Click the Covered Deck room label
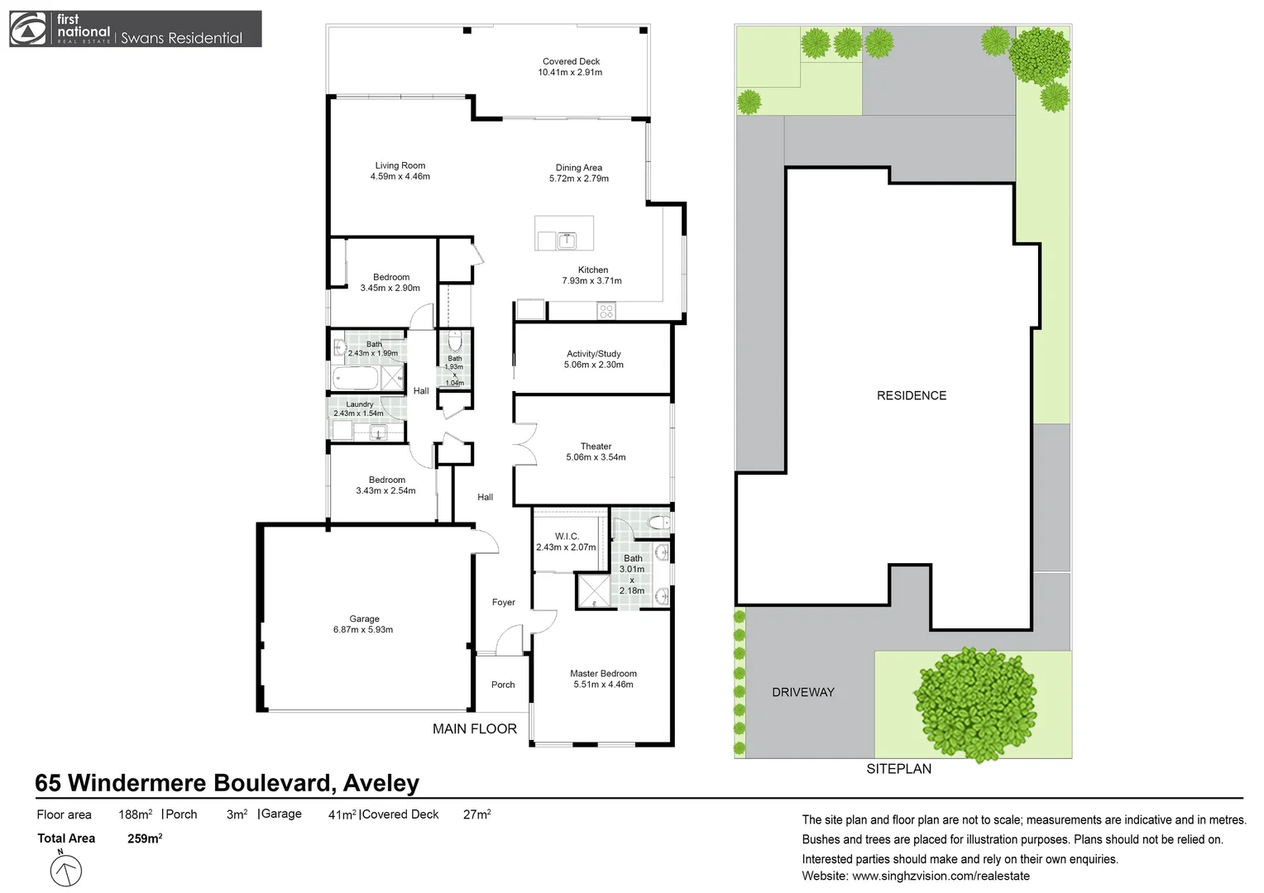click(x=571, y=61)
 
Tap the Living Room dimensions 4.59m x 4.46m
click(x=400, y=177)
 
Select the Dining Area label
click(x=578, y=168)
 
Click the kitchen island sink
click(x=567, y=241)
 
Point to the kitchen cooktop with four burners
click(x=606, y=312)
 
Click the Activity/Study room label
click(x=593, y=354)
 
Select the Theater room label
click(x=596, y=446)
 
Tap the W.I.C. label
click(x=567, y=537)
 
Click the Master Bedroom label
click(x=603, y=674)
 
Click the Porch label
click(x=503, y=685)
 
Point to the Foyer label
click(x=503, y=603)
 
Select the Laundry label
click(x=359, y=404)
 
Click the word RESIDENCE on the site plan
click(x=911, y=396)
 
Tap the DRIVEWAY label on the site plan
click(x=802, y=693)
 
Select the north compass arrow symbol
click(x=66, y=870)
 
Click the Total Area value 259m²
click(x=145, y=838)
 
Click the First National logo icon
click(x=28, y=29)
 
